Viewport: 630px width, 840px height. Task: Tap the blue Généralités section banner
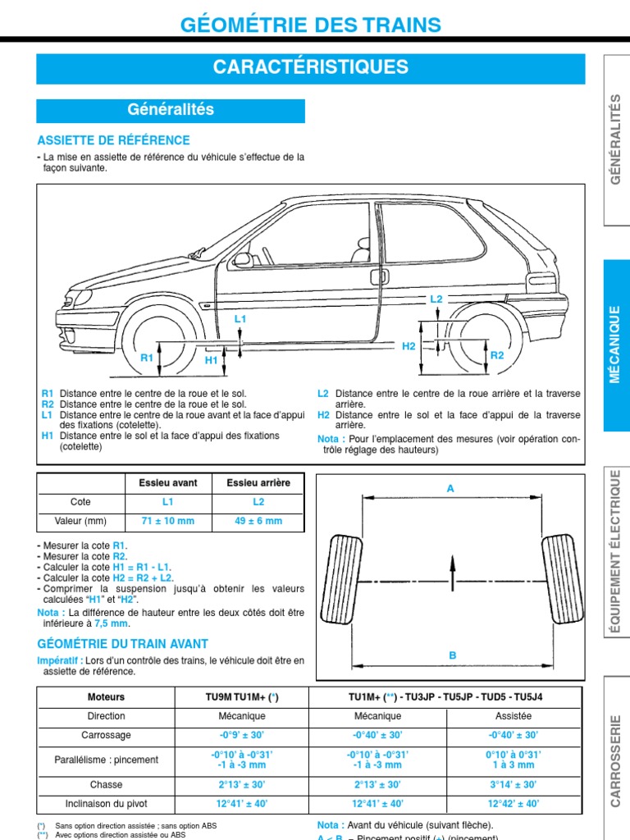pyautogui.click(x=171, y=110)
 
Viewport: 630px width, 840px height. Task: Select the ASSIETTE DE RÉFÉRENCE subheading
pyautogui.click(x=113, y=140)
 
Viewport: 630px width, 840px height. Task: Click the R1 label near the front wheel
pyautogui.click(x=147, y=358)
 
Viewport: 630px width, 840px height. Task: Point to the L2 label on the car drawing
pyautogui.click(x=436, y=299)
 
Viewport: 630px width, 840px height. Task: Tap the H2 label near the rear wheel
pyautogui.click(x=409, y=347)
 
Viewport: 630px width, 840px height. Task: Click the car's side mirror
pyautogui.click(x=242, y=259)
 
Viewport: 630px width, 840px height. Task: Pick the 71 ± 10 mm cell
pyautogui.click(x=168, y=521)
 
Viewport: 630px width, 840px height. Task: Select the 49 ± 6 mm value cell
pyautogui.click(x=258, y=521)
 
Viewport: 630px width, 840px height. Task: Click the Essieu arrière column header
pyautogui.click(x=258, y=483)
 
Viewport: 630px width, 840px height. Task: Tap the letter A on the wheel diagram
pyautogui.click(x=450, y=488)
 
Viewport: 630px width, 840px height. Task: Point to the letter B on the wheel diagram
pyautogui.click(x=451, y=655)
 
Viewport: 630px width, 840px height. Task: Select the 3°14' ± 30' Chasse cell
pyautogui.click(x=514, y=785)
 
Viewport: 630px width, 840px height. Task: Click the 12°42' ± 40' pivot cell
pyautogui.click(x=514, y=804)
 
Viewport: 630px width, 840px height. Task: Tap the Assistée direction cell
pyautogui.click(x=514, y=716)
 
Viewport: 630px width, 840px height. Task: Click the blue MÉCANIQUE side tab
pyautogui.click(x=618, y=345)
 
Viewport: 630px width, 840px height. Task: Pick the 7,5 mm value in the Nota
pyautogui.click(x=112, y=623)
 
